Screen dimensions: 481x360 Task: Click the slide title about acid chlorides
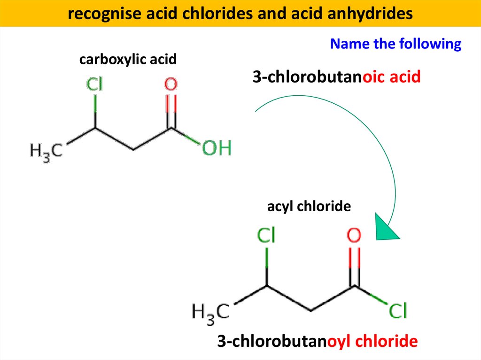pos(240,14)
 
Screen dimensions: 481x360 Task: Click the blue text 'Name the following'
pos(396,44)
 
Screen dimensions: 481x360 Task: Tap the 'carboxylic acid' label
pos(128,60)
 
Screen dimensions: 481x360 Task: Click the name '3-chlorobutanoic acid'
pos(336,77)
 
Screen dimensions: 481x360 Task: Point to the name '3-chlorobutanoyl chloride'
pos(317,341)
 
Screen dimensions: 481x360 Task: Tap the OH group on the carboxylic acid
pos(217,149)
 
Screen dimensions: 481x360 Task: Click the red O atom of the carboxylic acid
pos(171,85)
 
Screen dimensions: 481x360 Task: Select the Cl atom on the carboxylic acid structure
pos(95,85)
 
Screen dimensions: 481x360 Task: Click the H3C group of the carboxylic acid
pos(46,151)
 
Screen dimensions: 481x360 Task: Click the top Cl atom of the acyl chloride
pos(266,236)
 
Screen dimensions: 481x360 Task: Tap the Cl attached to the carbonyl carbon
pos(397,310)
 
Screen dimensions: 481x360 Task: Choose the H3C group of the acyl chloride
pos(210,311)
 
